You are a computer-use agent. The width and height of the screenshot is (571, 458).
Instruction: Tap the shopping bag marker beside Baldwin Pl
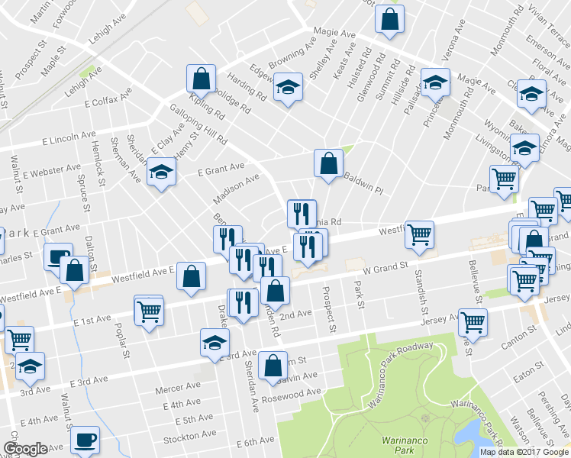(x=328, y=163)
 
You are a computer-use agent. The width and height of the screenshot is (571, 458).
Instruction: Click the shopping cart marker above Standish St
(x=420, y=235)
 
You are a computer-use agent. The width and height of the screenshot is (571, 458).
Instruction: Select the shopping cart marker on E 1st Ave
(x=148, y=309)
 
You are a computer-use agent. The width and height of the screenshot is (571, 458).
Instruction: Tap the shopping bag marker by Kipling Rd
(x=201, y=79)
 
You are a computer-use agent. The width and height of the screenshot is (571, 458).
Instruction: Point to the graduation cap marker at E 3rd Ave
(x=215, y=343)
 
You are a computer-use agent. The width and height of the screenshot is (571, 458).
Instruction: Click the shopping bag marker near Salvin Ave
(x=273, y=365)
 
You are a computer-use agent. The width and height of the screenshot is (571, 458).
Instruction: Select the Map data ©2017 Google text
(x=524, y=452)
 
